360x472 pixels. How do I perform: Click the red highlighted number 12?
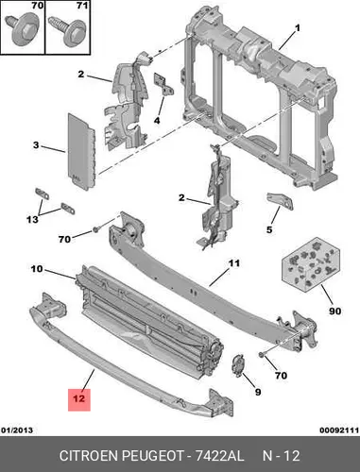tap(79, 398)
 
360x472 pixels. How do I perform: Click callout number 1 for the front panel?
tap(297, 28)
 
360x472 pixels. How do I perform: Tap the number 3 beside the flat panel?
tap(36, 145)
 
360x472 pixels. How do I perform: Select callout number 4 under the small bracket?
tap(157, 120)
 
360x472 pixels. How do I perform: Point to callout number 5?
tap(269, 229)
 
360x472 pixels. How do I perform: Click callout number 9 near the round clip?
tap(258, 392)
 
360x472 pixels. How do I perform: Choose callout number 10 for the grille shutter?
tap(37, 269)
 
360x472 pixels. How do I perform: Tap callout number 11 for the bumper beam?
tap(234, 263)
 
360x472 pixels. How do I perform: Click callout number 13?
tap(32, 219)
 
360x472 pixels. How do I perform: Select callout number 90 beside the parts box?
tap(334, 312)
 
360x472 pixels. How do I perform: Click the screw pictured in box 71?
tap(67, 32)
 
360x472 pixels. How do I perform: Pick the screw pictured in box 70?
tap(22, 31)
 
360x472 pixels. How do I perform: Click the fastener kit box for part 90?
tap(311, 265)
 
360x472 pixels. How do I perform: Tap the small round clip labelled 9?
tap(238, 365)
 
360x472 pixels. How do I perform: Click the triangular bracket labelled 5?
tap(280, 200)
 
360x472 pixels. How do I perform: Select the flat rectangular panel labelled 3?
tap(81, 152)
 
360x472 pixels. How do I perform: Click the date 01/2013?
tap(17, 430)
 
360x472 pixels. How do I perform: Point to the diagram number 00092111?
tap(339, 430)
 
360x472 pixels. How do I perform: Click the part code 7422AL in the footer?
tap(219, 456)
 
